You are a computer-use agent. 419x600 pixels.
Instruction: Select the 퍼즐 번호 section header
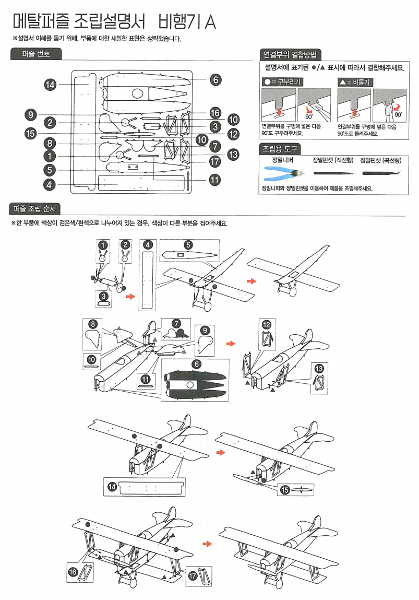[36, 53]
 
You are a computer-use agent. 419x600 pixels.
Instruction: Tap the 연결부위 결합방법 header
[290, 54]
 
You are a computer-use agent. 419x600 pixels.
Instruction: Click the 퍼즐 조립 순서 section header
[36, 209]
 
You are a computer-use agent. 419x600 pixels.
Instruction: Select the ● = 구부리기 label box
[282, 82]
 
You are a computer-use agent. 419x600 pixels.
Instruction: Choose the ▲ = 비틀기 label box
[357, 82]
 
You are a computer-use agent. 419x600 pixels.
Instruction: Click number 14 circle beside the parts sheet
[50, 85]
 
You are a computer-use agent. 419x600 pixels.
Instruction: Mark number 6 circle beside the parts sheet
[216, 79]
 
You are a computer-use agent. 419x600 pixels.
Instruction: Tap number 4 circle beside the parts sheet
[50, 184]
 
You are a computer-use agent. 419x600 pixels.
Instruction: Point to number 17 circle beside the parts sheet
[215, 161]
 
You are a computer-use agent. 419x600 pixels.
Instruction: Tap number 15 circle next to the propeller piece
[285, 489]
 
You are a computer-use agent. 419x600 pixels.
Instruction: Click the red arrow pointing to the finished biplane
[207, 544]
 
